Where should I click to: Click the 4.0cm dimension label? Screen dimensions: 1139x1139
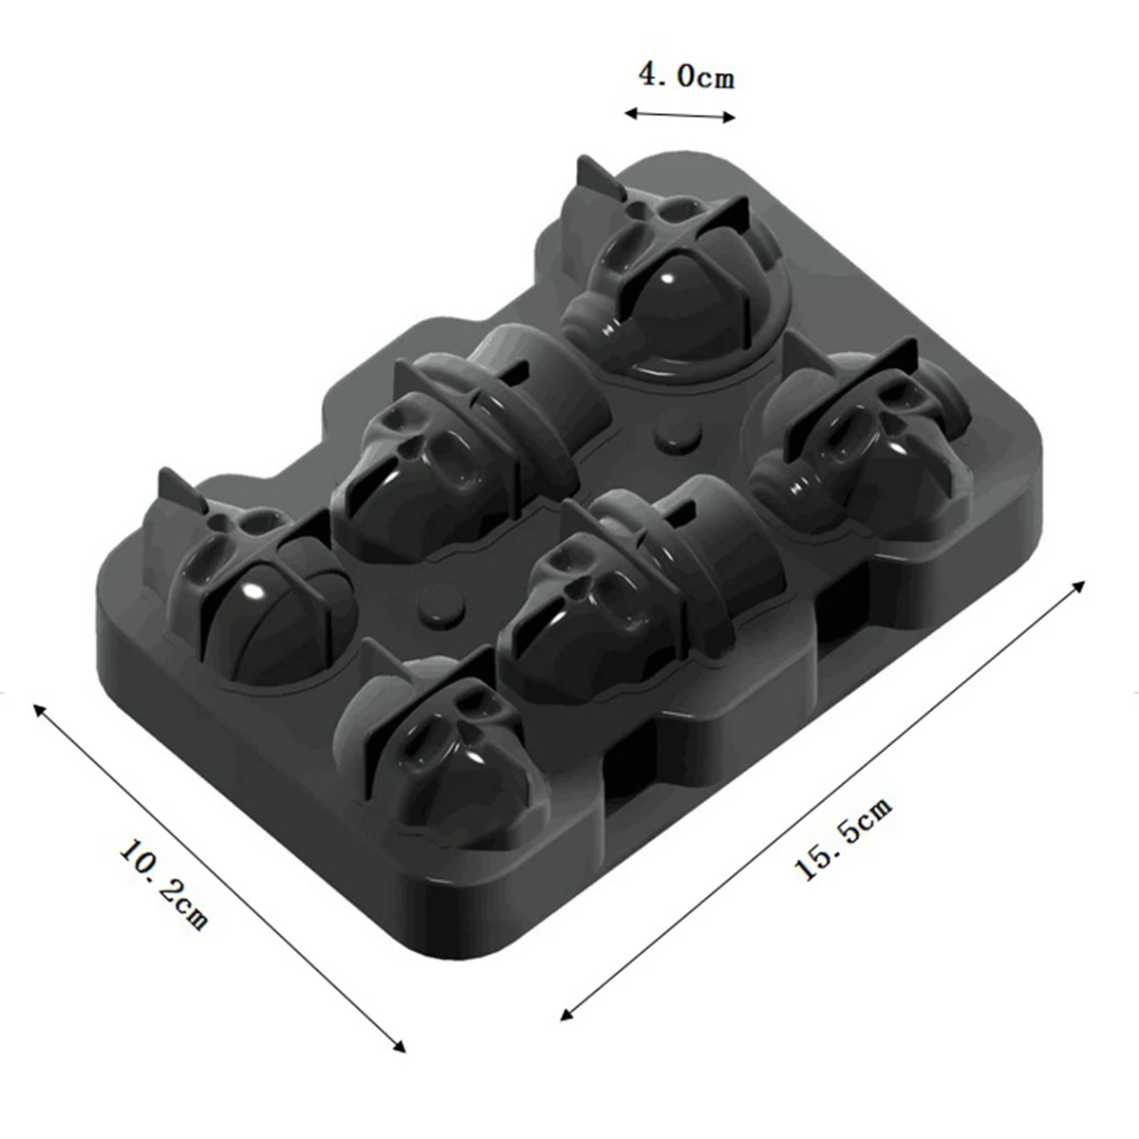click(x=685, y=76)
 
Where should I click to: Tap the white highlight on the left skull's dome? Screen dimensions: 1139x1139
click(x=254, y=591)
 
